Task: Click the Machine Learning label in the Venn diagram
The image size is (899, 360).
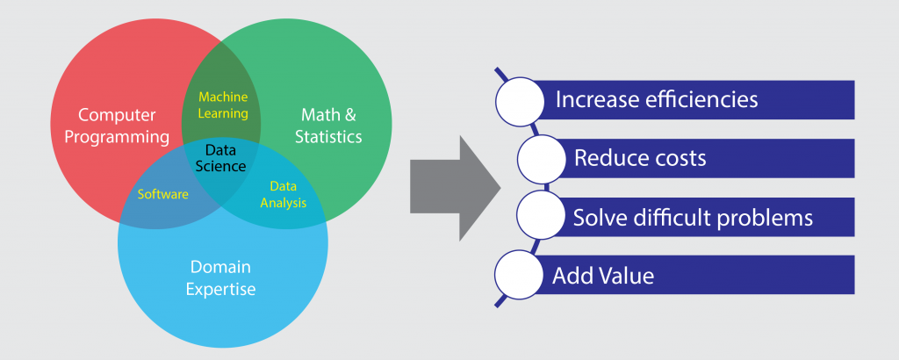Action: [x=223, y=104]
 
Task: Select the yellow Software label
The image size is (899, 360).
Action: [x=163, y=194]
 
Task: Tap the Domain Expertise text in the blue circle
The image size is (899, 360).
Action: [x=222, y=277]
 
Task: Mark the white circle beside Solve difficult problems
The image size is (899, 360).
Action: [x=541, y=216]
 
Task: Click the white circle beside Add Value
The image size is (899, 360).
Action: [x=521, y=274]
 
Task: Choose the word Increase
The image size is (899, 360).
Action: [x=593, y=99]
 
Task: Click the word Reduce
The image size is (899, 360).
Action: [x=607, y=159]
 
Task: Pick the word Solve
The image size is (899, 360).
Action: [x=598, y=217]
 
